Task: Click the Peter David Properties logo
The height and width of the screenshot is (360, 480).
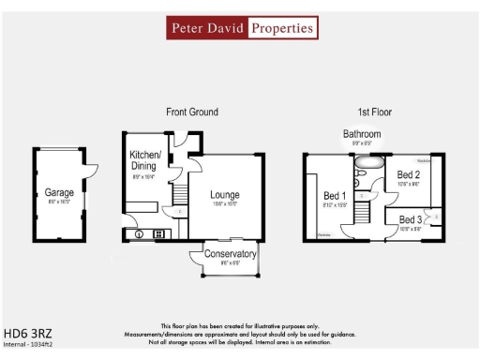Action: pyautogui.click(x=241, y=28)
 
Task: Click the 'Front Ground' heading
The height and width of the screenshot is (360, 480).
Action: pyautogui.click(x=192, y=112)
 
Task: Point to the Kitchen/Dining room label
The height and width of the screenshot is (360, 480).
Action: pyautogui.click(x=145, y=159)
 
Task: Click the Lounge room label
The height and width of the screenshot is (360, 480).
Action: pyautogui.click(x=225, y=194)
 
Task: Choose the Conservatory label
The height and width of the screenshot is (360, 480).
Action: pyautogui.click(x=231, y=254)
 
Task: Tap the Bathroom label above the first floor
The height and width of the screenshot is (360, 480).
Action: pyautogui.click(x=362, y=135)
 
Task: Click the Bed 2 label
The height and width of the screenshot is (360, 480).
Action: pyautogui.click(x=407, y=175)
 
